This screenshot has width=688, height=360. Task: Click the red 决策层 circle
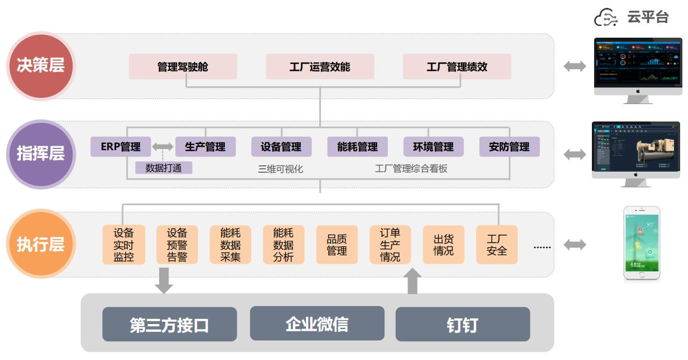(x=40, y=66)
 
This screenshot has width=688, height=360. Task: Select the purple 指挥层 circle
(x=40, y=154)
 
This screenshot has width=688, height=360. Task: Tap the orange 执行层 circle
(x=40, y=245)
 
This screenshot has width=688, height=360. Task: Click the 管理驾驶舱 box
(x=183, y=66)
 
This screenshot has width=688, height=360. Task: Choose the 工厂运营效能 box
(x=320, y=66)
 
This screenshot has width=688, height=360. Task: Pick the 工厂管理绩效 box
(x=457, y=66)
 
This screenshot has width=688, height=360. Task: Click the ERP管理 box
(x=121, y=147)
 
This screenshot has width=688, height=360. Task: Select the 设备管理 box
(x=281, y=147)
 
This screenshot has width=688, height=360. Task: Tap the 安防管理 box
(x=509, y=147)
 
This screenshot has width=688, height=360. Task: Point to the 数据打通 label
(x=164, y=168)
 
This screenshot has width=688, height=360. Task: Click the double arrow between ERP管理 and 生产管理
(x=163, y=147)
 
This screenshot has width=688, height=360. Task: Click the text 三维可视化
(x=280, y=168)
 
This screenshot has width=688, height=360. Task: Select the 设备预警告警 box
(x=177, y=245)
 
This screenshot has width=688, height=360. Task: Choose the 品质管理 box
(x=337, y=245)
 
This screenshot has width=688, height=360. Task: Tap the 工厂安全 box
(x=497, y=245)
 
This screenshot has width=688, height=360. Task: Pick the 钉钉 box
(x=463, y=325)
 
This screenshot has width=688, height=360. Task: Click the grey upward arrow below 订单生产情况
(x=413, y=281)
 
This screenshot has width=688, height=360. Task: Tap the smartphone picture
(x=641, y=243)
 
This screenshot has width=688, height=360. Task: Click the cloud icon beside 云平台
(x=606, y=17)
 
